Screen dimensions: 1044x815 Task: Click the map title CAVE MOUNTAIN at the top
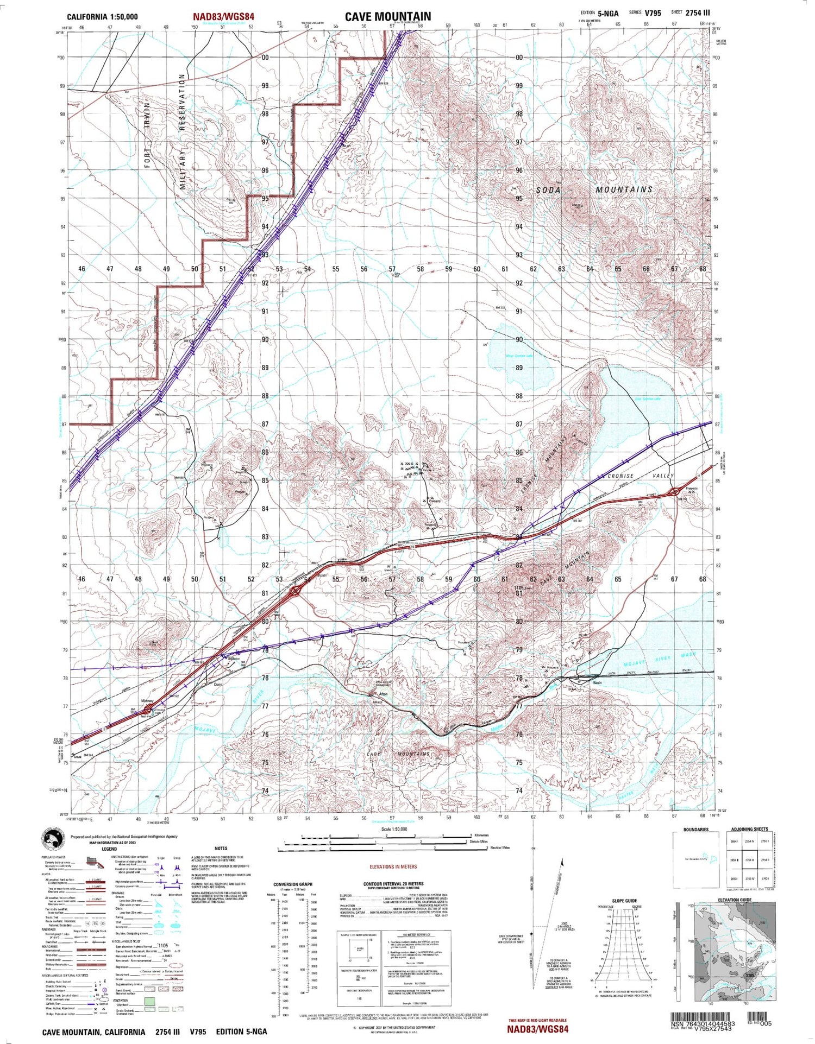tap(387, 17)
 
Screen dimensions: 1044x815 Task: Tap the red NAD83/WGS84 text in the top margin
tap(223, 17)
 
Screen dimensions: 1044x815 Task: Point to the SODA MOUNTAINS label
tap(594, 189)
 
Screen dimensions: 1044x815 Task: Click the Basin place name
tap(597, 682)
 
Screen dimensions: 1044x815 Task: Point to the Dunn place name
tap(218, 685)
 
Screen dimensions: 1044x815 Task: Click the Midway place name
tap(148, 701)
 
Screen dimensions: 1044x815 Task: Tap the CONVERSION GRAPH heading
tap(293, 900)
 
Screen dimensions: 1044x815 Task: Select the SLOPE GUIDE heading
tap(624, 901)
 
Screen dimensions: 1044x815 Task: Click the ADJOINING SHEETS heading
tap(749, 829)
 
